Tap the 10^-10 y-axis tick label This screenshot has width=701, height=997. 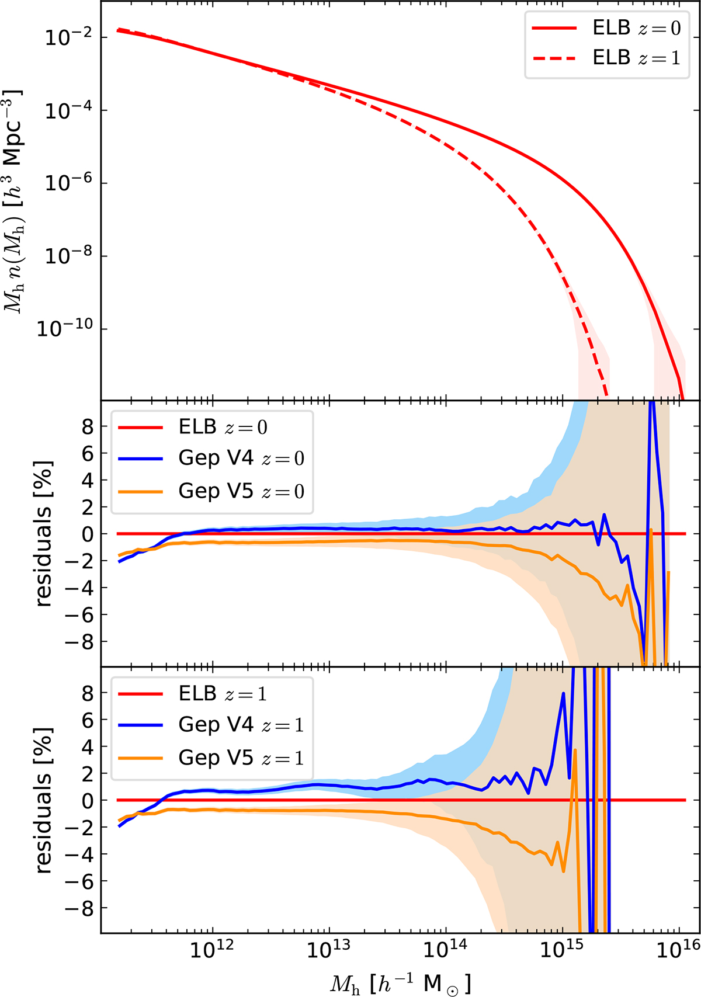[65, 328]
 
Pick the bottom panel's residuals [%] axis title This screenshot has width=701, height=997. [44, 800]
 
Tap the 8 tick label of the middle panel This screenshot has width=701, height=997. [88, 427]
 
